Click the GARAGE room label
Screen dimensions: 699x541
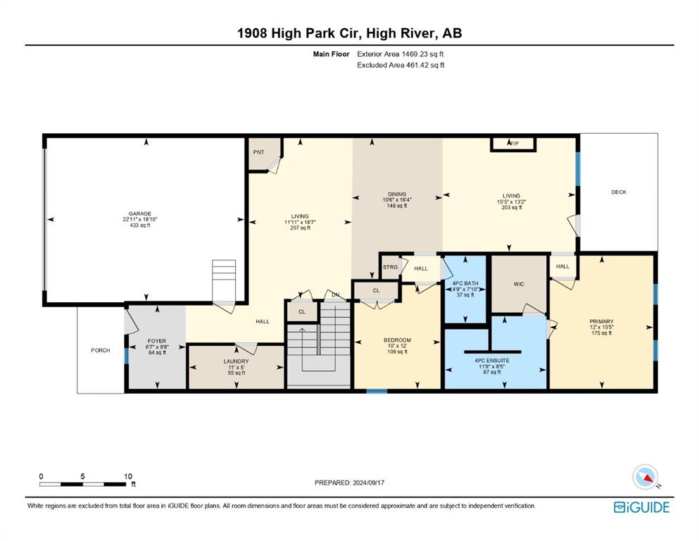pyautogui.click(x=140, y=213)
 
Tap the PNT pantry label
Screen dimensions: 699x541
pyautogui.click(x=258, y=152)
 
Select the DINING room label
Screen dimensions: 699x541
pyautogui.click(x=397, y=194)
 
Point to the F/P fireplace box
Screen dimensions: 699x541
pyautogui.click(x=513, y=144)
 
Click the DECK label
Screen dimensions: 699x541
pyautogui.click(x=618, y=192)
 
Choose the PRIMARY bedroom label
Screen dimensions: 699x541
pyautogui.click(x=601, y=321)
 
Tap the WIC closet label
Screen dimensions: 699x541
pyautogui.click(x=519, y=284)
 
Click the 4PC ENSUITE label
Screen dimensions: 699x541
pyautogui.click(x=492, y=361)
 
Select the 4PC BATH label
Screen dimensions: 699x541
pyautogui.click(x=465, y=283)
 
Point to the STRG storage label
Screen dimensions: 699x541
pyautogui.click(x=390, y=267)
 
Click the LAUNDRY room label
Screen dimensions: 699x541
pyautogui.click(x=237, y=361)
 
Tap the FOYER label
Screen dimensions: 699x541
pyautogui.click(x=156, y=341)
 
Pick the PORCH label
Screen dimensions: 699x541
pyautogui.click(x=100, y=350)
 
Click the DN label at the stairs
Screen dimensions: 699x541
pyautogui.click(x=335, y=295)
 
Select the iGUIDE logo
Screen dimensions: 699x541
pyautogui.click(x=641, y=507)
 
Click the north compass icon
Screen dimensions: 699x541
pyautogui.click(x=645, y=477)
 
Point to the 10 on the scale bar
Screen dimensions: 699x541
pyautogui.click(x=128, y=476)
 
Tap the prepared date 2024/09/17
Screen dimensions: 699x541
pyautogui.click(x=369, y=483)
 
